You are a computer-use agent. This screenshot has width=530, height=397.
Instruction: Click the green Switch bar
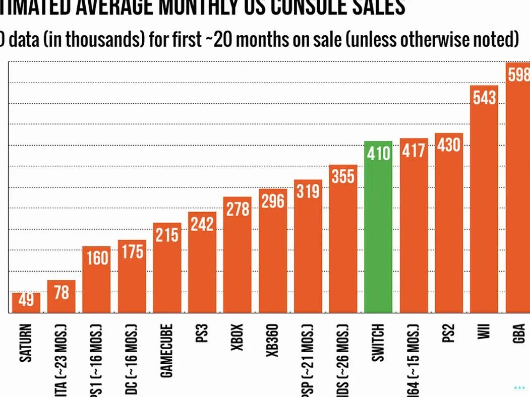pyautogui.click(x=378, y=227)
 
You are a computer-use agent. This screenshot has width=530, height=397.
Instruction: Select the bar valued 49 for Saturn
pyautogui.click(x=26, y=302)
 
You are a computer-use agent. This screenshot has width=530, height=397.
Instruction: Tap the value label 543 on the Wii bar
pyautogui.click(x=484, y=97)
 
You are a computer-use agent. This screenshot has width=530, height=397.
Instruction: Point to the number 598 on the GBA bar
pyautogui.click(x=519, y=75)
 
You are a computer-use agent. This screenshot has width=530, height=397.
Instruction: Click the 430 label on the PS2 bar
pyautogui.click(x=449, y=145)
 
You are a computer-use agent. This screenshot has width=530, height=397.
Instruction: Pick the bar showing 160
pyautogui.click(x=96, y=280)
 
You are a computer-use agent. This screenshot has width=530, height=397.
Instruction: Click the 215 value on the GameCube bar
pyautogui.click(x=167, y=235)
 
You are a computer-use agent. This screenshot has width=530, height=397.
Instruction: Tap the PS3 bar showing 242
pyautogui.click(x=202, y=262)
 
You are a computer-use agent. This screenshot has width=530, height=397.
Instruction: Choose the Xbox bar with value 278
pyautogui.click(x=238, y=254)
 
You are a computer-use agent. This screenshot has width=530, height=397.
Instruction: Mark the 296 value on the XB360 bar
pyautogui.click(x=273, y=201)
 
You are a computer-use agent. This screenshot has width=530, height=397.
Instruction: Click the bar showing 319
pyautogui.click(x=308, y=247)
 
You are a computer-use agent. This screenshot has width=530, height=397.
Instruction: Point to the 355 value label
pyautogui.click(x=343, y=177)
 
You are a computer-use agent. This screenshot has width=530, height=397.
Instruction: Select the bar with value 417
pyautogui.click(x=414, y=227)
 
